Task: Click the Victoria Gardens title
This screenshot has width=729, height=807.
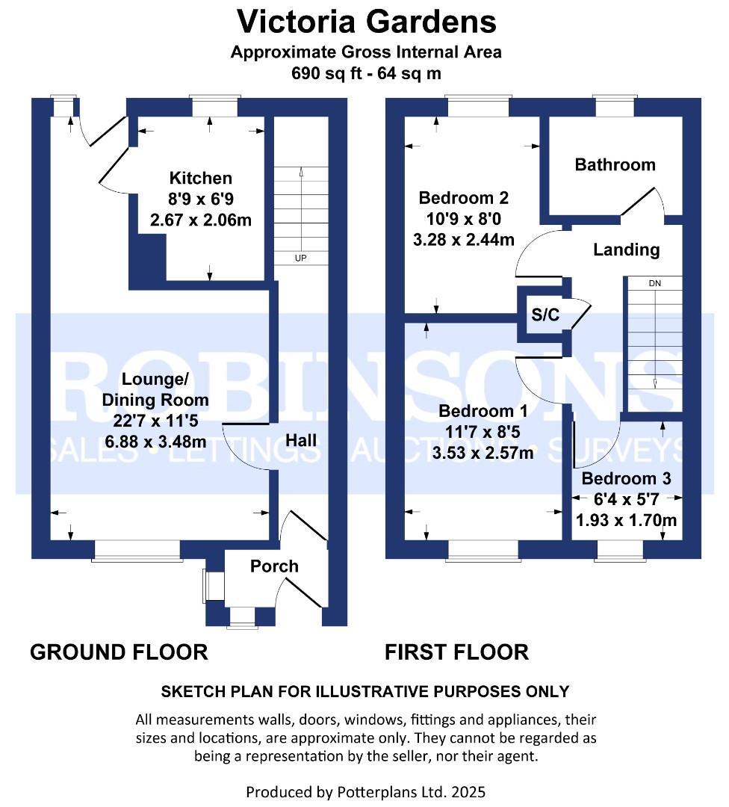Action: pyautogui.click(x=366, y=22)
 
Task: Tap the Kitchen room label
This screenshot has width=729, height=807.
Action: pyautogui.click(x=201, y=178)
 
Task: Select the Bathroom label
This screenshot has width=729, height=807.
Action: pyautogui.click(x=615, y=164)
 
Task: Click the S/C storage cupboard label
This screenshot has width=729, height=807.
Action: pyautogui.click(x=545, y=315)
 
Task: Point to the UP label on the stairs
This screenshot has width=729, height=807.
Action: pyautogui.click(x=300, y=259)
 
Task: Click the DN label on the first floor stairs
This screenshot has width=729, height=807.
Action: pyautogui.click(x=654, y=283)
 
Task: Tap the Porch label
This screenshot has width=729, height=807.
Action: pyautogui.click(x=274, y=566)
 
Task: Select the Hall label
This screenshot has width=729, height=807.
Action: pyautogui.click(x=301, y=440)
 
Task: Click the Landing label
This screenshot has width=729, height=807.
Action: pyautogui.click(x=626, y=250)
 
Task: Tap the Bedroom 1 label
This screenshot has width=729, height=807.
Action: pyautogui.click(x=483, y=411)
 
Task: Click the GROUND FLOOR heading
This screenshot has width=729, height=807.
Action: pyautogui.click(x=119, y=652)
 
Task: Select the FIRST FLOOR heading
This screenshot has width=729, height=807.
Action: pyautogui.click(x=456, y=652)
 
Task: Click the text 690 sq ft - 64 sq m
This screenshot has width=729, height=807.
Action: pyautogui.click(x=366, y=73)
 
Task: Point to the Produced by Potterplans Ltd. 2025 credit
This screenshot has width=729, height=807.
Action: pyautogui.click(x=366, y=791)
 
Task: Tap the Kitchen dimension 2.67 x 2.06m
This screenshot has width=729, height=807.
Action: pyautogui.click(x=201, y=220)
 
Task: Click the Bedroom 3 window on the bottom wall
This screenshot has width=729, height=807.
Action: pyautogui.click(x=620, y=551)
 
